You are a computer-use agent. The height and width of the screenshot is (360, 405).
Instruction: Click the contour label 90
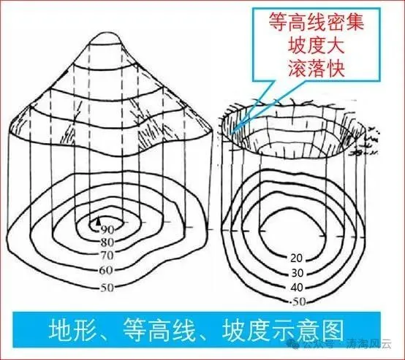click(x=107, y=229)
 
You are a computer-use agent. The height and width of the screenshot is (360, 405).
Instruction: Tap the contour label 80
click(x=107, y=242)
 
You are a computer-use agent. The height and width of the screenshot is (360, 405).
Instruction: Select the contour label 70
click(x=107, y=256)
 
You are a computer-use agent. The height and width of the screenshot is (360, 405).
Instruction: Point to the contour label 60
click(x=106, y=270)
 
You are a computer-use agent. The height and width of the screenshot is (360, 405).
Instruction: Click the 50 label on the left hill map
click(x=107, y=287)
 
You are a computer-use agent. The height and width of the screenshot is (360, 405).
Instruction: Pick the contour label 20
click(x=296, y=258)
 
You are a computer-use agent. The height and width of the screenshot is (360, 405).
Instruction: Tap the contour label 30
click(x=298, y=273)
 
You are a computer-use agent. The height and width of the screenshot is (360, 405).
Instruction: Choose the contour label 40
click(x=297, y=287)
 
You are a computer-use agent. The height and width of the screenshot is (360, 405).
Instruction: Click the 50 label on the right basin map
click(x=299, y=302)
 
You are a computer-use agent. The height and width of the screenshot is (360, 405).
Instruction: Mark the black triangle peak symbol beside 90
click(x=98, y=221)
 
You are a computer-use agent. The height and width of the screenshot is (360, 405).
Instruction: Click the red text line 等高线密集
click(x=317, y=23)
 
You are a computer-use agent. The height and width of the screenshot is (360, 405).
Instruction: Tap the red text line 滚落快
click(x=317, y=69)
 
